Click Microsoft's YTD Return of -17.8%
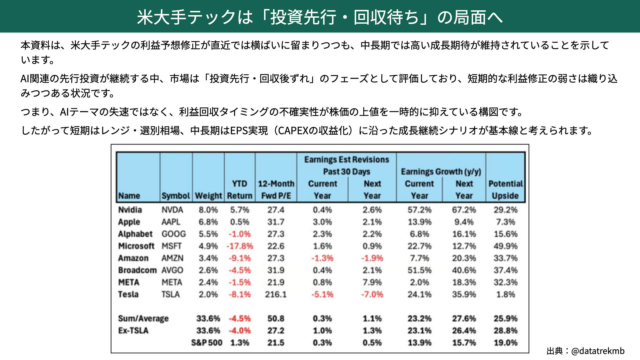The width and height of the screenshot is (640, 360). [240, 246]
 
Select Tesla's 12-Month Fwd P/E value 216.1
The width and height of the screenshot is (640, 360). [276, 294]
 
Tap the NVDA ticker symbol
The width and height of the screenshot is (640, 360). [172, 210]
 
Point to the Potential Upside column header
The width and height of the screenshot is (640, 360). [505, 189]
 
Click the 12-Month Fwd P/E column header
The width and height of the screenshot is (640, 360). [276, 189]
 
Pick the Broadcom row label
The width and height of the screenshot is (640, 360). [137, 270]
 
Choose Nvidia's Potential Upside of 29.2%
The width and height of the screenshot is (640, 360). [505, 210]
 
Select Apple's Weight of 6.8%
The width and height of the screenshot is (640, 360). [208, 222]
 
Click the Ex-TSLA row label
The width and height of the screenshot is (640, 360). [133, 330]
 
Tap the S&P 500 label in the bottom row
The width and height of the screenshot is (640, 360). [207, 342]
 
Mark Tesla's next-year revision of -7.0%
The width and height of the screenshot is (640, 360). [372, 294]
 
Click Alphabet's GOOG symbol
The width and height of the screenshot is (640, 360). [174, 234]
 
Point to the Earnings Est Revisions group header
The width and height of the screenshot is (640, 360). [347, 165]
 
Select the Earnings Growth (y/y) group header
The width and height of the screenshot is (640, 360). [441, 171]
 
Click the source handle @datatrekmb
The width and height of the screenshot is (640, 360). [598, 351]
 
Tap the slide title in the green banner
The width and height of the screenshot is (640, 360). [320, 17]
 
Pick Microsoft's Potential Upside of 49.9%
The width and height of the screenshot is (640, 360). [505, 246]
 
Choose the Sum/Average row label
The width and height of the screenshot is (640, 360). [143, 318]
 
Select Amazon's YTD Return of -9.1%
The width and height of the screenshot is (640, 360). [240, 258]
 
